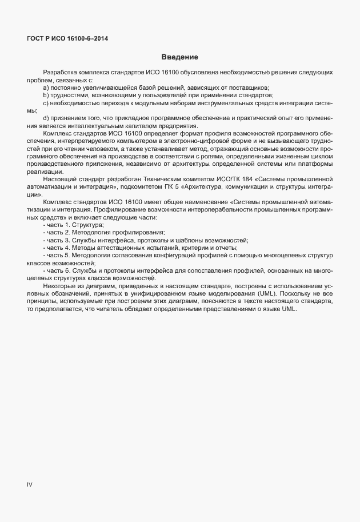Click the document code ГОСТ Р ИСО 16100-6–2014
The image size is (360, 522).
67,38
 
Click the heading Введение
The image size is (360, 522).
179,57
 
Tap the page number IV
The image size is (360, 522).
30,484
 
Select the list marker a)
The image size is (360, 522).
46,87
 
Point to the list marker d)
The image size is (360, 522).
46,118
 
